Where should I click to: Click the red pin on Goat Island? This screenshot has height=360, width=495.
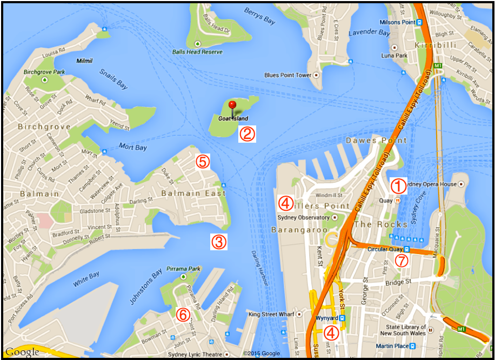(x=232, y=105)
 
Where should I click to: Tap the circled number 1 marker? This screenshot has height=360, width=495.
(x=398, y=186)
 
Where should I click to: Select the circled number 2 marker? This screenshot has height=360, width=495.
(x=247, y=134)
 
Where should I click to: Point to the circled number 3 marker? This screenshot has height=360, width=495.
(x=218, y=242)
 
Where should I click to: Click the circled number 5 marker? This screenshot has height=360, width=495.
(x=202, y=161)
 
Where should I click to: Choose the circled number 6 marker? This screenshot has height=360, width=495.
(x=183, y=314)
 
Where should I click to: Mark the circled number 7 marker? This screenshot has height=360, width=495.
(x=401, y=261)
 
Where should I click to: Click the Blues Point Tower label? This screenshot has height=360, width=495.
(x=287, y=75)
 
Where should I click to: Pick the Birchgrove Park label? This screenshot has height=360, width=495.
(x=44, y=72)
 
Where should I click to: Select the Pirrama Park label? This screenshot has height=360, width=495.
(x=184, y=269)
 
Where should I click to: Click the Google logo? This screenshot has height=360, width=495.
(x=22, y=352)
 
